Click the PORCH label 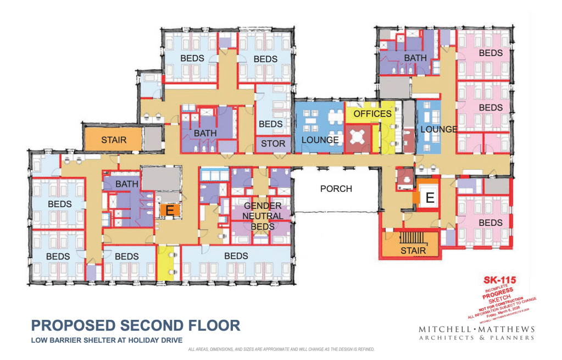[336, 189]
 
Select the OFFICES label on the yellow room [372, 114]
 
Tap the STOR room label [273, 143]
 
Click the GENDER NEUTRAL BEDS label [263, 216]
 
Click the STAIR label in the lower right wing [413, 251]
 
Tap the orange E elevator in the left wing [170, 209]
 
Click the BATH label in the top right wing [415, 58]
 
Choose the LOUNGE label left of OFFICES [320, 140]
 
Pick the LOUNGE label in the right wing [439, 129]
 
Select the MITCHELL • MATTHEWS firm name [476, 329]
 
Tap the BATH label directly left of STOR [205, 133]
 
